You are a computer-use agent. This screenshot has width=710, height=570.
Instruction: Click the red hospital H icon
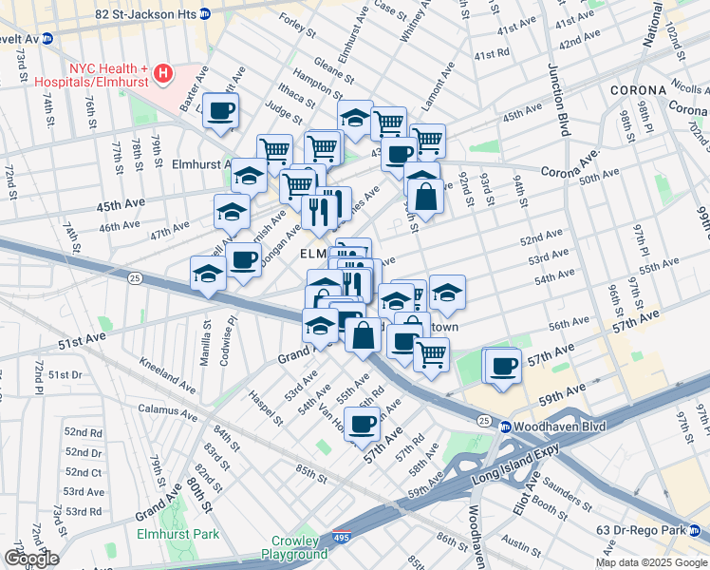click(x=164, y=73)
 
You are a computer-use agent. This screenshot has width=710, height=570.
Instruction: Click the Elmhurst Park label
click(x=177, y=534)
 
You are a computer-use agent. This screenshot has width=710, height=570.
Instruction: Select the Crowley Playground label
click(x=294, y=547)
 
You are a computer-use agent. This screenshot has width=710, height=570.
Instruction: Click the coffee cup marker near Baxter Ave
click(x=220, y=110)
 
